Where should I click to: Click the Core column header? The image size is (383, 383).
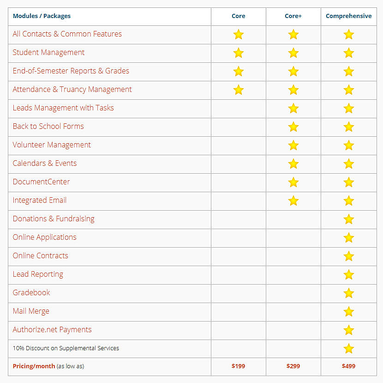tap(238, 16)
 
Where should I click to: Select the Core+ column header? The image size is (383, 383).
tap(293, 16)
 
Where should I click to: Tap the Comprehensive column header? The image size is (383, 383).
tap(348, 16)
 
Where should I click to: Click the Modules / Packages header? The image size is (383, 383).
tap(42, 16)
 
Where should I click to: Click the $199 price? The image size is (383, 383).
tap(238, 366)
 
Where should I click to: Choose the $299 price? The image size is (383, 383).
tap(293, 366)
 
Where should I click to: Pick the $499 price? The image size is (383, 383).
tap(348, 366)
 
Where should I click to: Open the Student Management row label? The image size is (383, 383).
tap(48, 53)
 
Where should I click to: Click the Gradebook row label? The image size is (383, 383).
tap(31, 293)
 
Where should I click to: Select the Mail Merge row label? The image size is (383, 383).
tap(31, 311)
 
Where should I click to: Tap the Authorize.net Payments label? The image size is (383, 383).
tap(52, 330)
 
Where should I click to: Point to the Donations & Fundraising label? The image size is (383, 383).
tap(54, 219)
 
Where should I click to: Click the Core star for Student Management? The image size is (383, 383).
tap(238, 53)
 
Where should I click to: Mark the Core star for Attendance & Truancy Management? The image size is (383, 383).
tap(238, 90)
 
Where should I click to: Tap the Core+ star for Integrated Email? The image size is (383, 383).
tap(293, 201)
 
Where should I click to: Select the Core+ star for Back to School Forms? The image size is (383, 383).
tap(293, 127)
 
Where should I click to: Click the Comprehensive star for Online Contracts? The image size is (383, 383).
tap(348, 256)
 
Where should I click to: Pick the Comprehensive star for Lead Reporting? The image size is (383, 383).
tap(348, 274)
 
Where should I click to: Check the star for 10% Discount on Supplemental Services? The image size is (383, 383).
tap(348, 348)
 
